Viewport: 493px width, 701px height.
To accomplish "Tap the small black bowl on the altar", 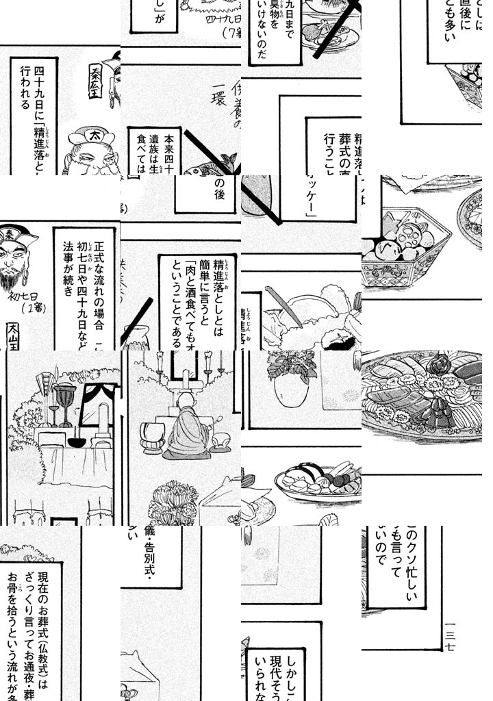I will point(76,442).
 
